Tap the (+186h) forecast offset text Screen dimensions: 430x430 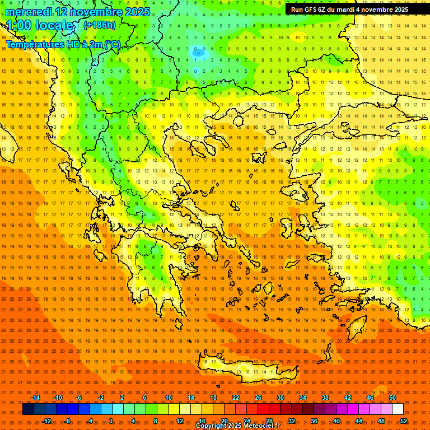(x=100, y=25)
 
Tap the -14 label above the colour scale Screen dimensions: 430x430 (x=35, y=398)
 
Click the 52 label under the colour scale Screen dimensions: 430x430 (x=404, y=421)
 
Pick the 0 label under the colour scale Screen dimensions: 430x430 (x=111, y=421)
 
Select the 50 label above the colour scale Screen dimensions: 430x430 (x=392, y=398)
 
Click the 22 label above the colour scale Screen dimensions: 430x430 (x=236, y=398)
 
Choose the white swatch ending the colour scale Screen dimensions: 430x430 (x=398, y=409)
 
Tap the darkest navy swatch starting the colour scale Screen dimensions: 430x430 (x=28, y=409)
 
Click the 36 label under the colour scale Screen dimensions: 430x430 (x=314, y=421)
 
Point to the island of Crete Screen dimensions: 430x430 (x=246, y=367)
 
